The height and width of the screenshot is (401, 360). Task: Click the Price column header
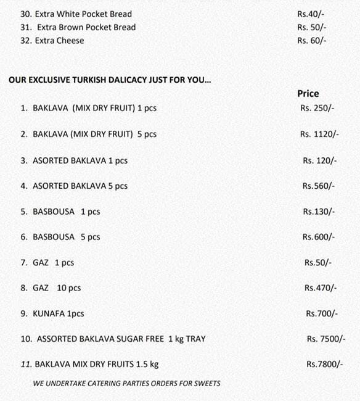[308, 94]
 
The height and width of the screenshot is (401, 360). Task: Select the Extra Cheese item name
[60, 41]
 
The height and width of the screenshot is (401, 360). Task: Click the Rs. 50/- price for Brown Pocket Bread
[311, 27]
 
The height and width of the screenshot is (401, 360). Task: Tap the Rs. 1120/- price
[319, 134]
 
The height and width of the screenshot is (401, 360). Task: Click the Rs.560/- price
[319, 186]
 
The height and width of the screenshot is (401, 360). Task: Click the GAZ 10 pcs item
[56, 288]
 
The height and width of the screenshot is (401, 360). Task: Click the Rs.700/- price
[322, 314]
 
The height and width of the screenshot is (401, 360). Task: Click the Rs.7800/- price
[324, 365]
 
